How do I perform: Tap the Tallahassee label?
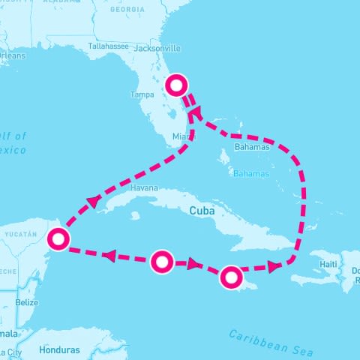point(109,46)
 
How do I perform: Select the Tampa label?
point(142,94)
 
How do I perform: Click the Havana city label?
point(144,187)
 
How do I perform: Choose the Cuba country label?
point(202,211)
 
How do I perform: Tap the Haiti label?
point(328,264)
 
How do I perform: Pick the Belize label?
point(27,302)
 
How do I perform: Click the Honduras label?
point(61,349)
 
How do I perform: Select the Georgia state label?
point(127,10)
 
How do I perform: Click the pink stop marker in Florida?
point(176,85)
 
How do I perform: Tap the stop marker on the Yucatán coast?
point(58,239)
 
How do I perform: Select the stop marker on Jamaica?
point(231,277)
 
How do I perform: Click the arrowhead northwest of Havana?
point(93,201)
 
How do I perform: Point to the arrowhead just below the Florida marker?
point(193,112)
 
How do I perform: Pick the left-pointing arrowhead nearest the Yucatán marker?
point(109,256)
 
